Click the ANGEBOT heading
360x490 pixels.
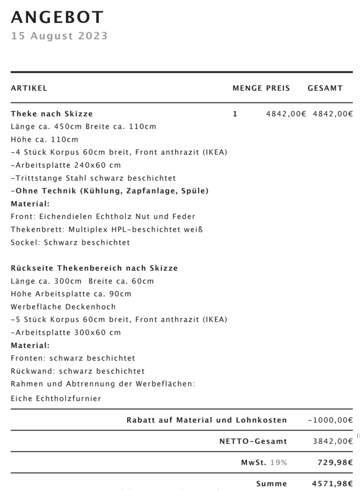tap(57, 17)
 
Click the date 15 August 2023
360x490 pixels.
tap(59, 36)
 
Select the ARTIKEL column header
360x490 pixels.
tap(29, 88)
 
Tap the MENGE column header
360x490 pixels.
tap(247, 88)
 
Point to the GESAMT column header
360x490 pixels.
tap(325, 88)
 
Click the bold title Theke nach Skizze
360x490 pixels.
tap(52, 114)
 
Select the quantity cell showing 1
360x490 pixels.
tap(235, 114)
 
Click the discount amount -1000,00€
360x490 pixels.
tap(330, 420)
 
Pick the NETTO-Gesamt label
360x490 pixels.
tap(253, 441)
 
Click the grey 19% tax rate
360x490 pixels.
tap(278, 462)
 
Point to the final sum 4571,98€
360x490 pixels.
tap(333, 483)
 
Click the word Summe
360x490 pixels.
tap(271, 483)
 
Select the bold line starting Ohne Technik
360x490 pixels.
tap(110, 191)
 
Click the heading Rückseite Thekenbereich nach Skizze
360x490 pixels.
tap(94, 268)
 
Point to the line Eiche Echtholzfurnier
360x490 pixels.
tap(56, 398)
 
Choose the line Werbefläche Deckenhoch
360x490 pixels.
tap(63, 307)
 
